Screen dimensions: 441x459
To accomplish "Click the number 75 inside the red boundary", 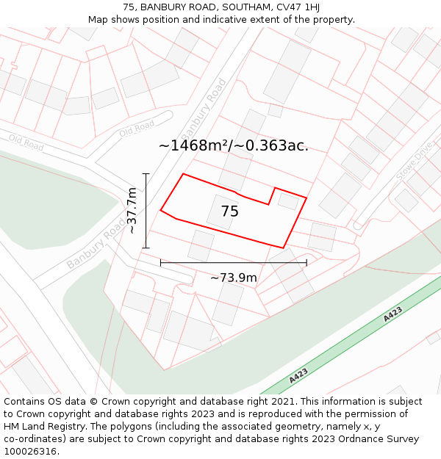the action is [x=230, y=212].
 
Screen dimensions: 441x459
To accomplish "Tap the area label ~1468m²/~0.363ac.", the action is [x=234, y=145].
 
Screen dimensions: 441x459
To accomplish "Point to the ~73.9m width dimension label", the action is [x=234, y=278].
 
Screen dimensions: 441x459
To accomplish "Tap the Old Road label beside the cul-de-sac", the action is [x=137, y=129].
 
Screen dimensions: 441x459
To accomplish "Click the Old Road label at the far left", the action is [x=26, y=142].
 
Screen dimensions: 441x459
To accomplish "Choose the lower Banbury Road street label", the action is [x=95, y=246].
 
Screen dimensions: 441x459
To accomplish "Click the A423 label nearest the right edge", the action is [x=392, y=314].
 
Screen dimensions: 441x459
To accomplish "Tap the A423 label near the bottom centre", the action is [x=298, y=376].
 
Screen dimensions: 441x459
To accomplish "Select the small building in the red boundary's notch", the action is [x=287, y=201].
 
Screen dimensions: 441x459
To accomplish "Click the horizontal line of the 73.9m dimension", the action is [x=234, y=262].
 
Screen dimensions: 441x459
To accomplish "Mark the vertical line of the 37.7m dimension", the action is [x=146, y=211].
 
